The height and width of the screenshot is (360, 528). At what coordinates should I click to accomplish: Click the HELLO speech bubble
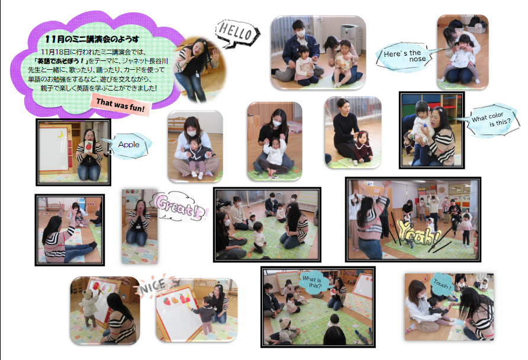pos(237,33)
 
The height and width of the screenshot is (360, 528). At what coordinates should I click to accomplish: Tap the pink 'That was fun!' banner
pos(120,105)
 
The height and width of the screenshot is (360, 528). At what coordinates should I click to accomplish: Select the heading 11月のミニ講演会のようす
pos(92,40)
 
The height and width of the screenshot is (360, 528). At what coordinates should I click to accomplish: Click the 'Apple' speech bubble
pos(130,145)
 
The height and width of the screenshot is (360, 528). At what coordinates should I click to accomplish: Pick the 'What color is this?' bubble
pos(491,120)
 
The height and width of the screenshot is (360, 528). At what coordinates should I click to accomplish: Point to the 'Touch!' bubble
pos(442,284)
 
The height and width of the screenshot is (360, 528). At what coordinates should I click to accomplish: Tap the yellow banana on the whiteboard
pos(61,134)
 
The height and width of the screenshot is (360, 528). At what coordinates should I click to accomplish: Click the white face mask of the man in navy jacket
pos(300,33)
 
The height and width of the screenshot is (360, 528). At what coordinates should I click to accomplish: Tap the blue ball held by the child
pos(426,127)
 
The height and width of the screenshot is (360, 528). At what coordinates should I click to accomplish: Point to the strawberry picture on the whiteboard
pos(167,301)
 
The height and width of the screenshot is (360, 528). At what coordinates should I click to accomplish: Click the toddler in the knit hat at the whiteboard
pos(89,308)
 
